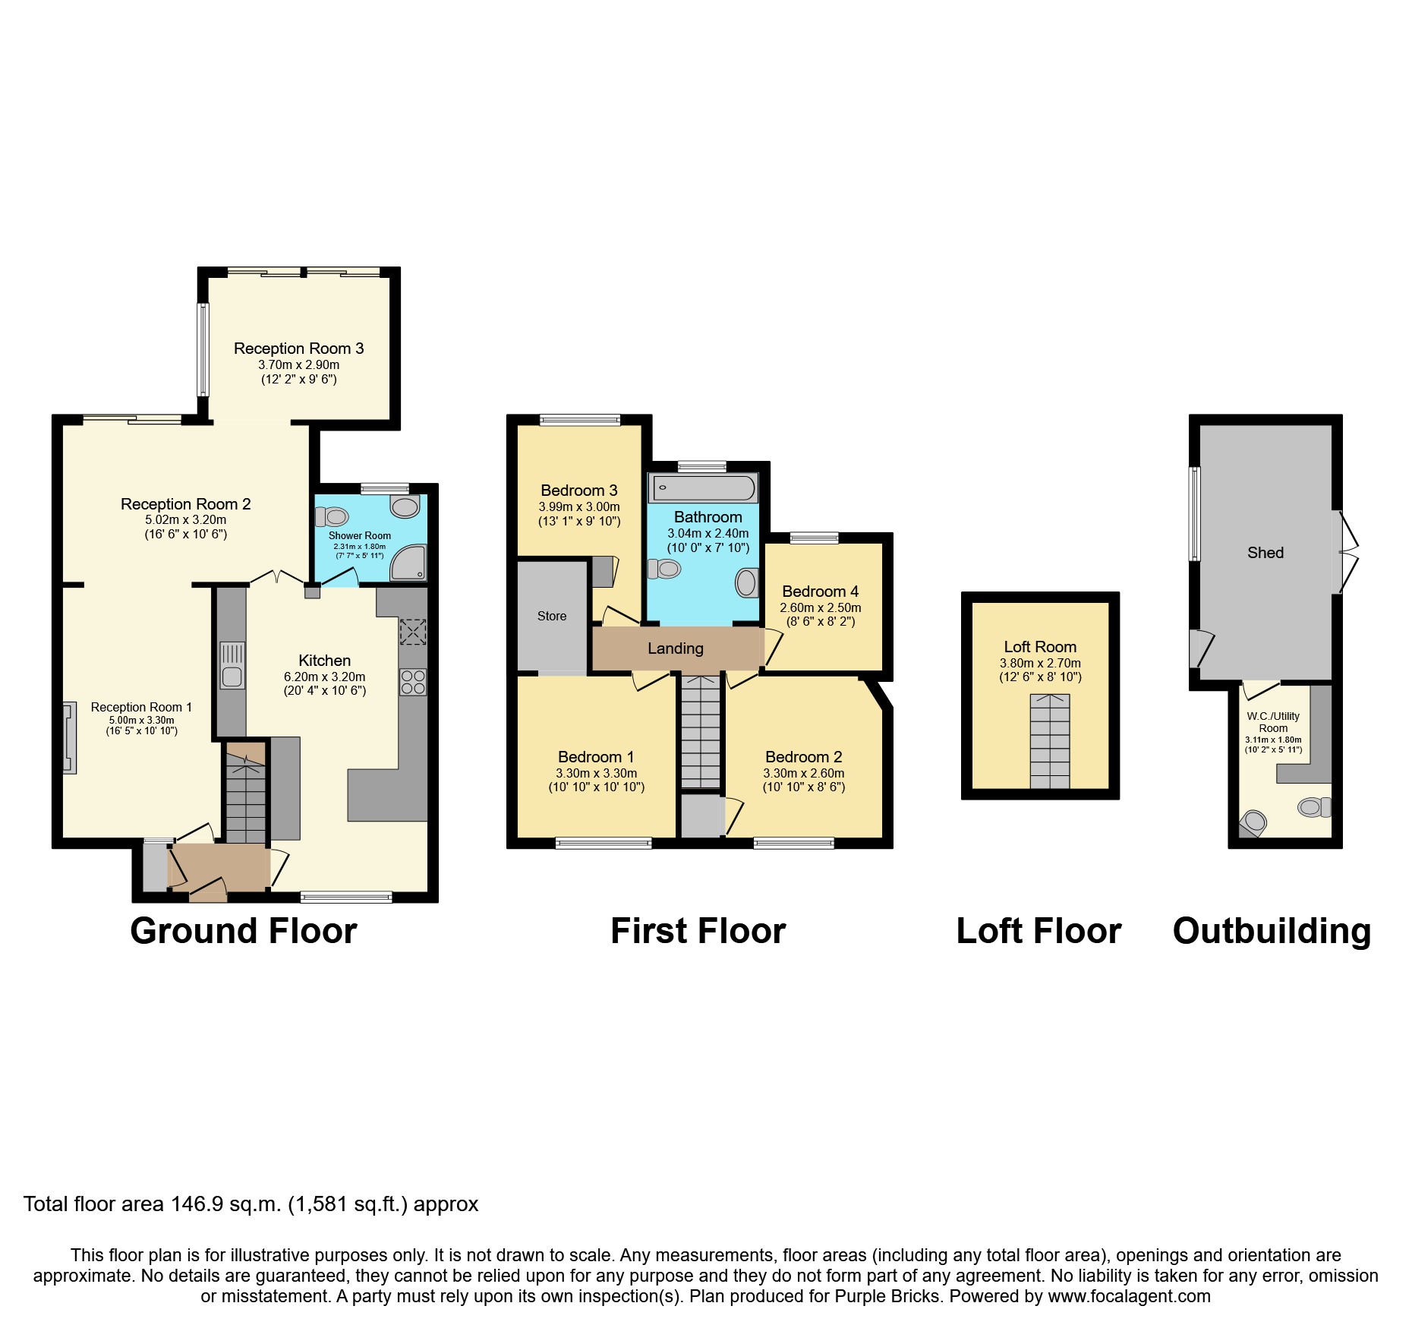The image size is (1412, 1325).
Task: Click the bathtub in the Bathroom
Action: point(704,487)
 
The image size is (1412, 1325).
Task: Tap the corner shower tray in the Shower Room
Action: point(408,564)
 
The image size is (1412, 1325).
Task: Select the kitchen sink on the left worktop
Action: point(232,666)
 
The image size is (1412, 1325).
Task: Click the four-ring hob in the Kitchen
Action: point(413,682)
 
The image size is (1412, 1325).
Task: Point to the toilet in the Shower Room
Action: point(331,517)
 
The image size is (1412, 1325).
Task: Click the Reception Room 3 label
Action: point(298,349)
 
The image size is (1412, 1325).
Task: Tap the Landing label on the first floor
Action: point(675,648)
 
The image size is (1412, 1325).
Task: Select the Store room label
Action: point(552,616)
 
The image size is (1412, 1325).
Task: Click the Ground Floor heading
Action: point(243,931)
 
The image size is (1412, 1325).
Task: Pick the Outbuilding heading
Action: point(1272,931)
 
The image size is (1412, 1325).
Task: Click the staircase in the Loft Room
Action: point(1050,741)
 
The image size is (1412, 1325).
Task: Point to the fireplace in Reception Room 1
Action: point(69,737)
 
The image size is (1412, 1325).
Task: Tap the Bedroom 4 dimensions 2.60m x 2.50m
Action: point(820,607)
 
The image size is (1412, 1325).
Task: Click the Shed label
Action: point(1265,553)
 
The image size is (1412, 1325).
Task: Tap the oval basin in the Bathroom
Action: point(746,583)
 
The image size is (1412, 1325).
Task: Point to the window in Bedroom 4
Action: point(814,538)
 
